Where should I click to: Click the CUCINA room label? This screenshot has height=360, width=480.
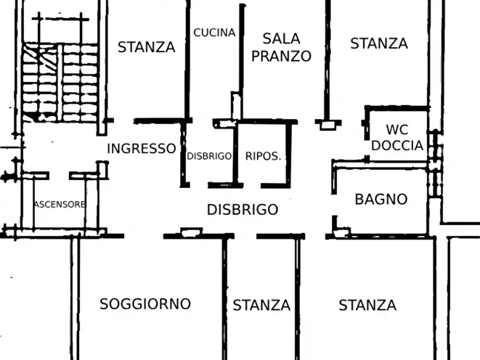pyautogui.click(x=214, y=33)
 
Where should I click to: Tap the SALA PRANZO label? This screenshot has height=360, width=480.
pyautogui.click(x=281, y=47)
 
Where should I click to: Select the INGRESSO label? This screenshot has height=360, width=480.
pyautogui.click(x=141, y=149)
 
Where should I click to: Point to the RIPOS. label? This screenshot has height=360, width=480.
pyautogui.click(x=263, y=156)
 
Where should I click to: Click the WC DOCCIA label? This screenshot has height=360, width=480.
pyautogui.click(x=397, y=138)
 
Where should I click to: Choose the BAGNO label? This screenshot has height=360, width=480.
pyautogui.click(x=381, y=199)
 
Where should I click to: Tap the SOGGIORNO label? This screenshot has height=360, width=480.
pyautogui.click(x=145, y=304)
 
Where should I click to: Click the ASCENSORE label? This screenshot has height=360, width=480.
pyautogui.click(x=59, y=204)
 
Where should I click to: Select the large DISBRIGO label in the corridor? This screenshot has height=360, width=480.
pyautogui.click(x=242, y=210)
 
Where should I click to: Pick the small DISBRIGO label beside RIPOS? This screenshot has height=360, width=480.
pyautogui.click(x=209, y=156)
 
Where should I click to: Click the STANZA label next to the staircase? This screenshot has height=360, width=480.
pyautogui.click(x=146, y=47)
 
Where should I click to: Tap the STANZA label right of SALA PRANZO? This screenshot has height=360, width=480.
pyautogui.click(x=379, y=44)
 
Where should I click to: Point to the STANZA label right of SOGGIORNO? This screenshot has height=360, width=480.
pyautogui.click(x=261, y=306)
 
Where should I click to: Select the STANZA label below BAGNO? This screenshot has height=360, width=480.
pyautogui.click(x=367, y=306)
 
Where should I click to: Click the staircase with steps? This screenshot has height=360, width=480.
pyautogui.click(x=60, y=81)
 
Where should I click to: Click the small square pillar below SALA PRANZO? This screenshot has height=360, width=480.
pyautogui.click(x=327, y=125)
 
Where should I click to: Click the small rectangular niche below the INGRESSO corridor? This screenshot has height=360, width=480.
pyautogui.click(x=191, y=232)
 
